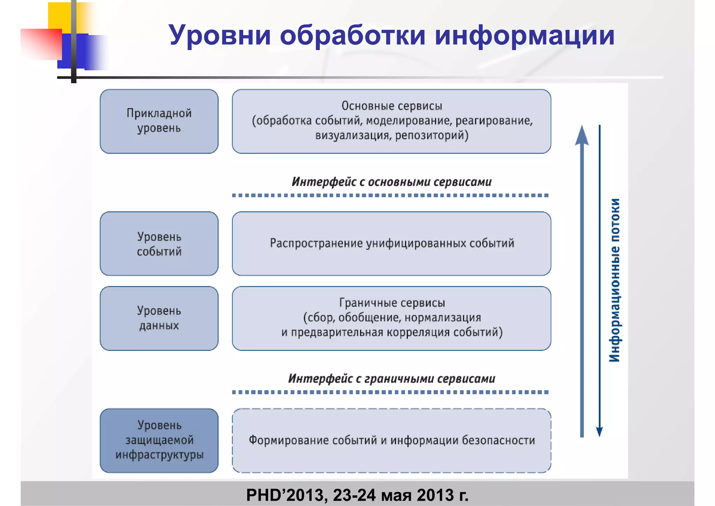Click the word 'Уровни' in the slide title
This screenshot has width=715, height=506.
tap(220, 36)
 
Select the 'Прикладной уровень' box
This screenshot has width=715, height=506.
tap(159, 121)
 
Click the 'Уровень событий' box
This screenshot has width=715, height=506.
tap(159, 244)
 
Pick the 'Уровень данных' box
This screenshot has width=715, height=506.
tap(159, 318)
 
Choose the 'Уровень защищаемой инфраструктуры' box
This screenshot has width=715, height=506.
tap(159, 440)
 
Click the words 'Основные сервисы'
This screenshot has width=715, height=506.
tap(392, 106)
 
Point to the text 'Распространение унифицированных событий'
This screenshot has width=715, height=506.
tap(392, 243)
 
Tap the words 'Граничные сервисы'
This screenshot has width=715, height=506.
tap(392, 303)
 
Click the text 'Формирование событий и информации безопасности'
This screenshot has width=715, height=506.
tap(392, 440)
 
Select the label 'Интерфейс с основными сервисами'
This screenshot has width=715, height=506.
tap(392, 182)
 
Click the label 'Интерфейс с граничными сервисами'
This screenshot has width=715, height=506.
tap(392, 379)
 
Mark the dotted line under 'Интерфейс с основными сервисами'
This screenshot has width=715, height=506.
tap(390, 195)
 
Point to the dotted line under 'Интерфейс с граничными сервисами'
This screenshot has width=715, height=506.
tap(390, 392)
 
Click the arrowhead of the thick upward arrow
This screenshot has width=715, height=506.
tap(582, 136)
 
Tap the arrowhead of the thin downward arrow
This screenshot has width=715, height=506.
tap(599, 432)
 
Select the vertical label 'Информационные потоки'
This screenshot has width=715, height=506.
tap(614, 280)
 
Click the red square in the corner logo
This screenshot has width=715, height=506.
tap(41, 44)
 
